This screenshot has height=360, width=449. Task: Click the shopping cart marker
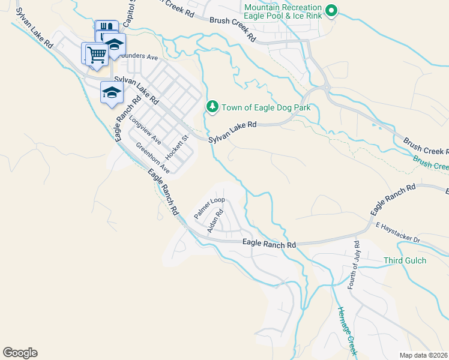(96, 54)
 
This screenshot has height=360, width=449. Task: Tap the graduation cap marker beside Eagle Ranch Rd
(112, 92)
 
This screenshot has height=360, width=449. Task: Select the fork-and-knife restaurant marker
(105, 28)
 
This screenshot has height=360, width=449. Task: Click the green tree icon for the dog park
(212, 107)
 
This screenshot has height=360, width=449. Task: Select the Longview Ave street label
(145, 130)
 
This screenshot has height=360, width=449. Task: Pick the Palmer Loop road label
(208, 206)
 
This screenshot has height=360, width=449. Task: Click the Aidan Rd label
(215, 221)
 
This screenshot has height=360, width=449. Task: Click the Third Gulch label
(405, 260)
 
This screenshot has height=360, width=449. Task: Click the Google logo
(20, 353)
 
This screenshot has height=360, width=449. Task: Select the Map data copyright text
(423, 355)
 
